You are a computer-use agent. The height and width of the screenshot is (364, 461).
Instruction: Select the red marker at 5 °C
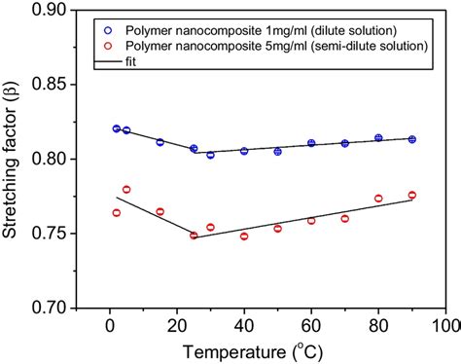(126, 190)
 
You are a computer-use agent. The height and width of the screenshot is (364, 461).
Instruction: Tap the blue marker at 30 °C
(210, 155)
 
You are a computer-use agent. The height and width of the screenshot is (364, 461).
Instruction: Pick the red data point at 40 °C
(244, 237)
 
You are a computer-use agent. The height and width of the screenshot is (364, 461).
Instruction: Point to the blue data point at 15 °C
(160, 142)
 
